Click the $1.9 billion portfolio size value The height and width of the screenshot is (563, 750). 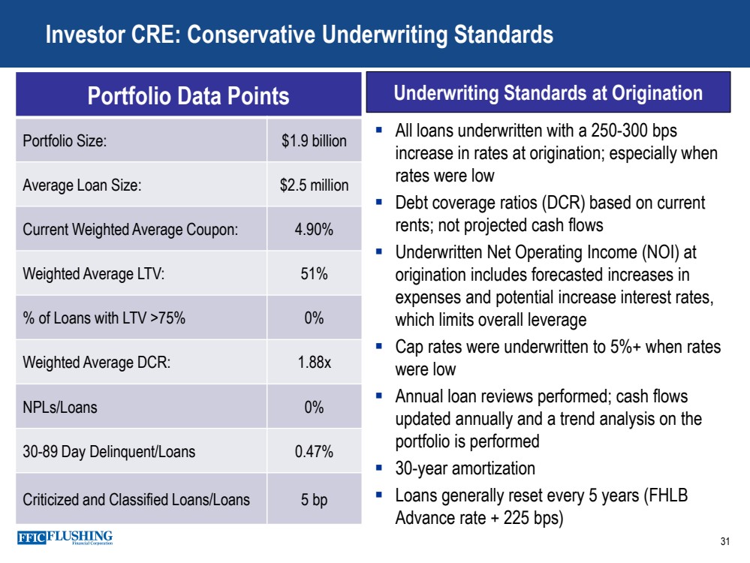tap(314, 140)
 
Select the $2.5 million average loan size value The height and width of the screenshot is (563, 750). tap(314, 185)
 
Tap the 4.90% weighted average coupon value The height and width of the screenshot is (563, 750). tap(314, 230)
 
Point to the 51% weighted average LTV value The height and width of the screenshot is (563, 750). tap(314, 274)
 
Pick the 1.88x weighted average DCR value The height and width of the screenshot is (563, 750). tap(314, 363)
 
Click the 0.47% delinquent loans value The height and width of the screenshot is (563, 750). tap(314, 452)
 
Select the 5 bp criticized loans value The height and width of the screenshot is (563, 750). tap(314, 498)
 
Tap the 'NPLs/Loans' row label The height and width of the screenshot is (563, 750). tap(60, 408)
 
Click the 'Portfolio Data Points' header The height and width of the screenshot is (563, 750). tap(188, 95)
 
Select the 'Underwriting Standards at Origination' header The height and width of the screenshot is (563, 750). tap(547, 93)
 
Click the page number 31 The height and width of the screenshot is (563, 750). tap(724, 542)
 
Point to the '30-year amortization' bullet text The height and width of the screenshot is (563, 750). tap(465, 468)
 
